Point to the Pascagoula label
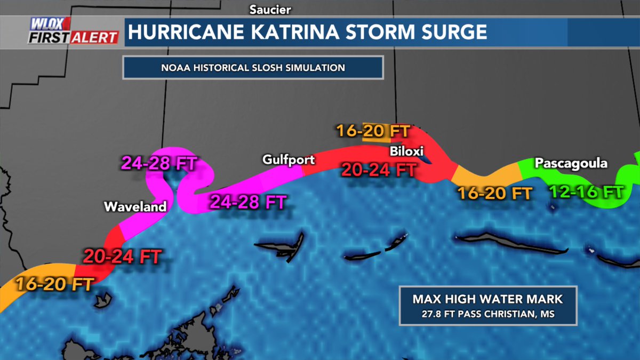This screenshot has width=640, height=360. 571,163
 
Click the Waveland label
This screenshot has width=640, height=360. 135,206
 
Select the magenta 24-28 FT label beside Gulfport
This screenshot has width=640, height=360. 248,202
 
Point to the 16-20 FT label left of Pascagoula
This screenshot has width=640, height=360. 494,193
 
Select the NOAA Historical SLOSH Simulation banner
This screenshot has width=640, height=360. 253,68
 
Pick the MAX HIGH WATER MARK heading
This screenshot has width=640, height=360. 487,299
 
